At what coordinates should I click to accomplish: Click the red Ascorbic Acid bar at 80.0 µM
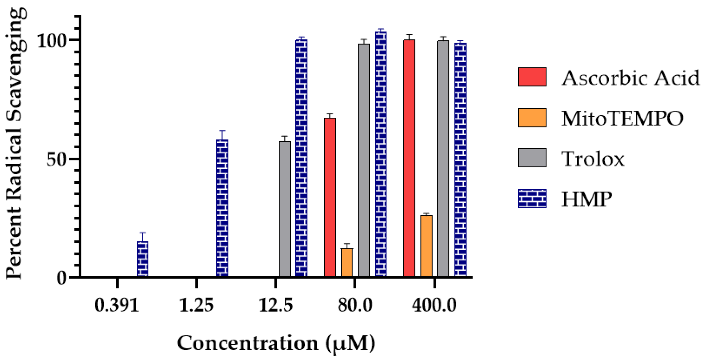coord(330,197)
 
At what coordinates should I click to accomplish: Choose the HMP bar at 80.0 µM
coord(381,154)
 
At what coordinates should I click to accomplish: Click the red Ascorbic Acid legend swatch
coord(532,77)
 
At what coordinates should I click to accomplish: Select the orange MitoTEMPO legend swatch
coord(532,118)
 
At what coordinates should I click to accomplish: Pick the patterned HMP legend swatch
coord(532,199)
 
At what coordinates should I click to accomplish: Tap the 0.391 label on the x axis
coord(117,305)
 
